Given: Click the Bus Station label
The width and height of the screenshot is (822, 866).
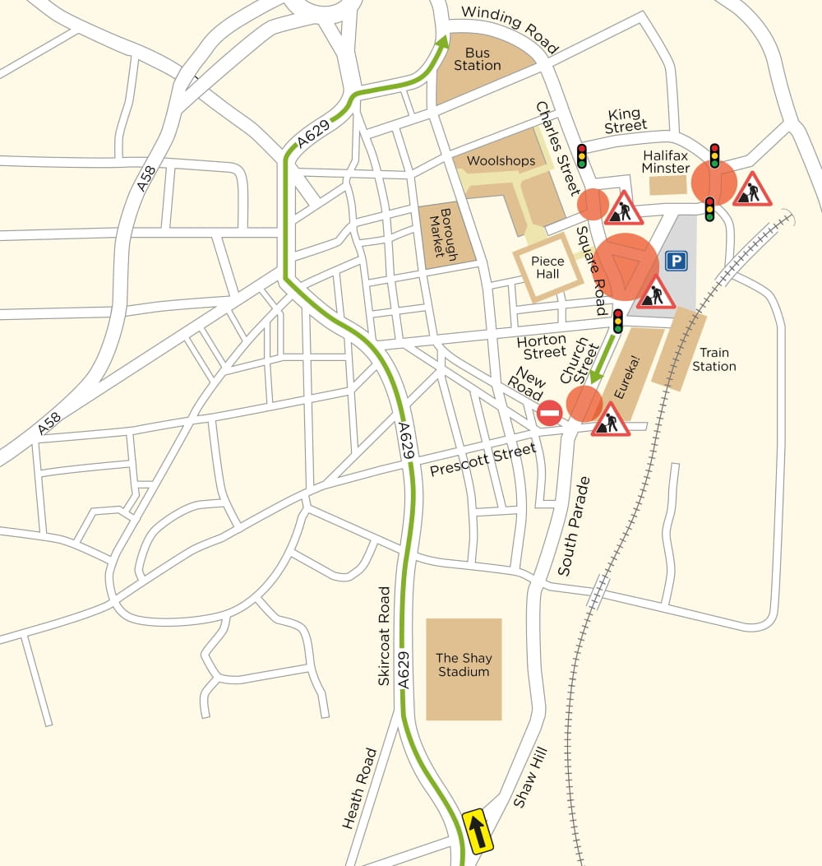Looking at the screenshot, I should coord(477,59).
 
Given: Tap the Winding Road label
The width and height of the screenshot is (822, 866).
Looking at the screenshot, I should coord(510,29).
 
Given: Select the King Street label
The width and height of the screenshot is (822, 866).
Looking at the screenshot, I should coord(626,120).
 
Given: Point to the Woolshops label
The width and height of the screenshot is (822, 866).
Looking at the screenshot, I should coord(501,160).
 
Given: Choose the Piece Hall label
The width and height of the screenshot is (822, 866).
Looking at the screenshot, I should coord(548,267).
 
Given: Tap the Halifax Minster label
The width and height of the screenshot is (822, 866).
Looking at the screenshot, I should coord(666,161).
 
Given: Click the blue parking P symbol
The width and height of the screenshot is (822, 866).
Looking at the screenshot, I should coord(676,262).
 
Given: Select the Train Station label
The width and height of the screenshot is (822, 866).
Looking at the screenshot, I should coord(713,359).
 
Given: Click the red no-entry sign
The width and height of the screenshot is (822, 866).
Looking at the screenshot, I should coord(550,413).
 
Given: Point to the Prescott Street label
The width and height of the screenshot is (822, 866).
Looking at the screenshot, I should coord(483,459).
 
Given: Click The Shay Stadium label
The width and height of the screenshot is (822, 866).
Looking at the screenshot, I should coord(463,665).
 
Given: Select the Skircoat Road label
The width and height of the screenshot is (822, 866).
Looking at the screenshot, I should coord(384,636).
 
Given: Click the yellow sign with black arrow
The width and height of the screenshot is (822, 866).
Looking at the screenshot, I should coord(478,831).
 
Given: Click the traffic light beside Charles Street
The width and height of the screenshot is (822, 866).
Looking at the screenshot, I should coord(582,156).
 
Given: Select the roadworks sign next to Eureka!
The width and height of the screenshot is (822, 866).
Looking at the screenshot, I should coord(610,420).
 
